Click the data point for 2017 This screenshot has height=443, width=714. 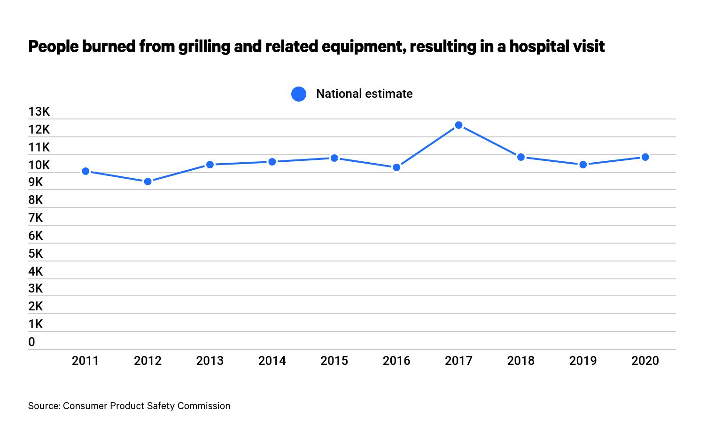(x=458, y=126)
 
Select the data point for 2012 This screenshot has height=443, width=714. (x=147, y=182)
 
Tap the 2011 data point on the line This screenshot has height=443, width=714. (x=85, y=171)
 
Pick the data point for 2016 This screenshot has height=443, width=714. (x=396, y=167)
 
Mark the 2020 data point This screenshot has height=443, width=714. (x=645, y=157)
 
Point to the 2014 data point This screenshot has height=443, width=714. (x=272, y=162)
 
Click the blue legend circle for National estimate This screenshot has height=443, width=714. (x=299, y=94)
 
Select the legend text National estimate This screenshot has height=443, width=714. (x=364, y=94)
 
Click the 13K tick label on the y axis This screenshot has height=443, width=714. (x=39, y=111)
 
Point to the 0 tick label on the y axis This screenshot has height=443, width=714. (x=31, y=342)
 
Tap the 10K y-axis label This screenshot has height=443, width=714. (x=39, y=165)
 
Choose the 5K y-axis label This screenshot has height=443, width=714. (x=36, y=253)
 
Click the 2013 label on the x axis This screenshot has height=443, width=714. (x=210, y=361)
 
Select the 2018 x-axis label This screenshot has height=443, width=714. (x=520, y=361)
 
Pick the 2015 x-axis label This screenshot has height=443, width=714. (x=334, y=361)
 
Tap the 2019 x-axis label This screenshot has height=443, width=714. (x=583, y=361)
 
